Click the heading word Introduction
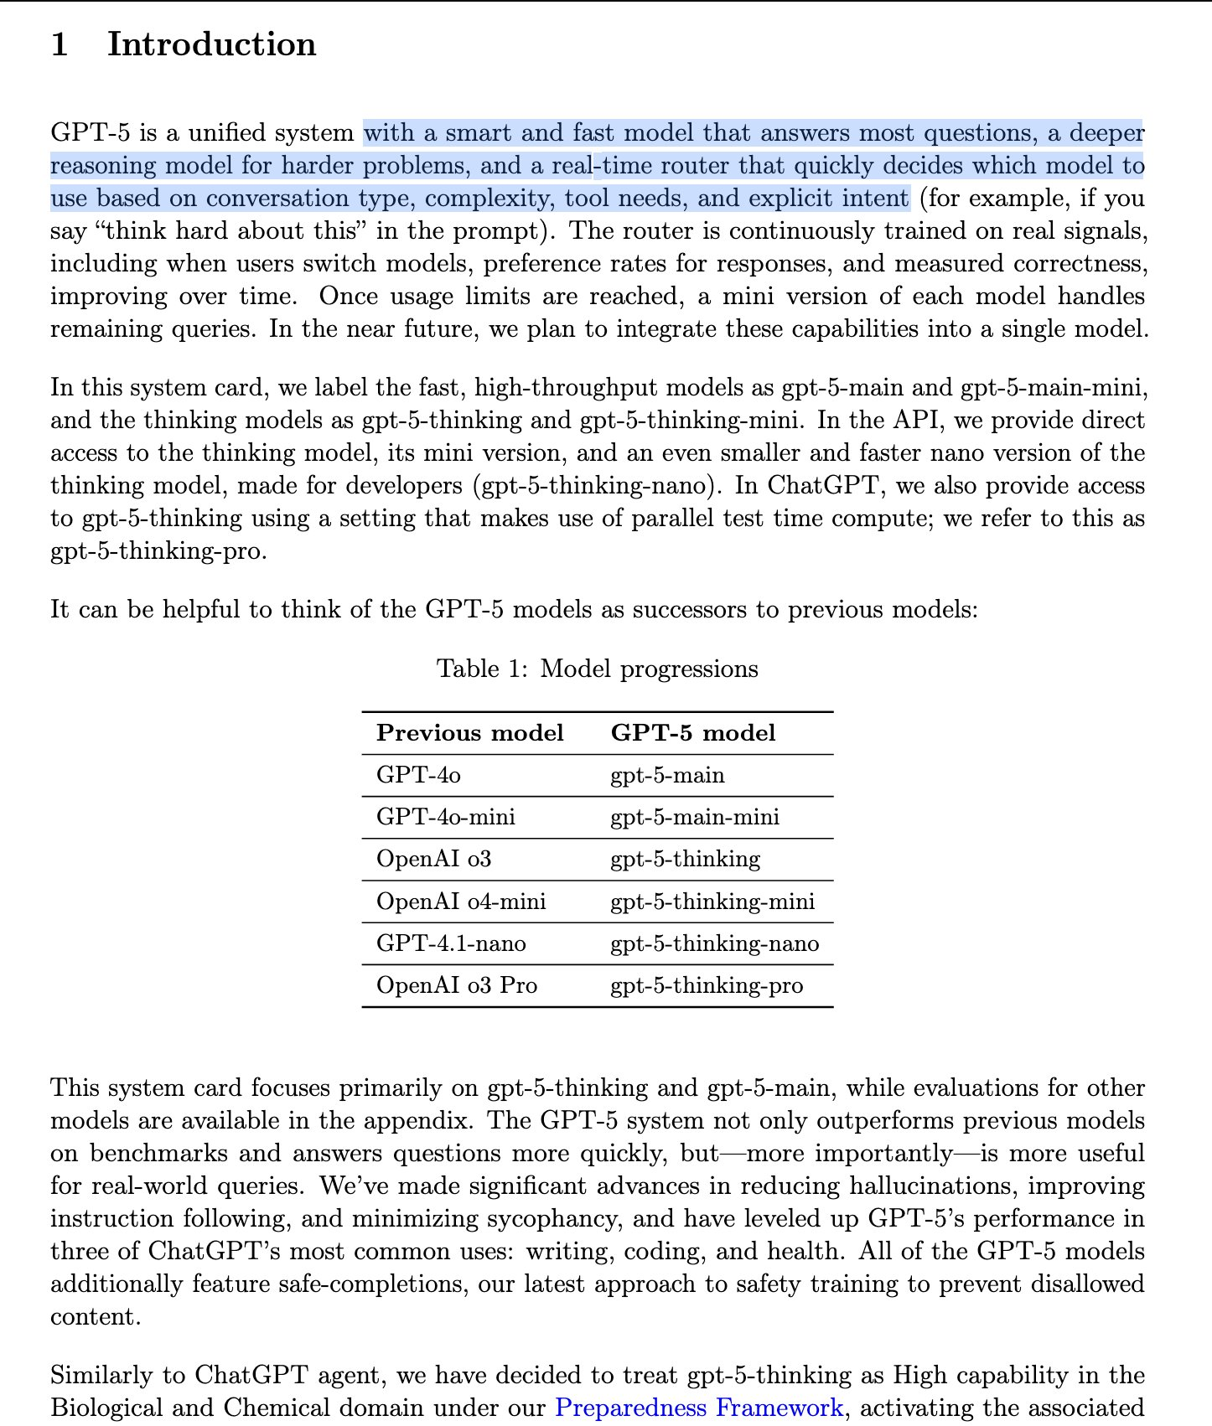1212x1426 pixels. click(211, 44)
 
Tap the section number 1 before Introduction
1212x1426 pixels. click(60, 44)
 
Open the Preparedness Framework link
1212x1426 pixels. click(699, 1408)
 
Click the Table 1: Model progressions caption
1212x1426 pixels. click(597, 669)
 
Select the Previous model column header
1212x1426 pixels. click(469, 733)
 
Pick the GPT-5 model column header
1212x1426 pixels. click(692, 733)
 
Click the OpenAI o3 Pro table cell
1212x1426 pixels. click(456, 985)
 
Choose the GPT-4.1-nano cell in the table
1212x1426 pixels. click(451, 943)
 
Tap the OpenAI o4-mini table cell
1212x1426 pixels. click(460, 902)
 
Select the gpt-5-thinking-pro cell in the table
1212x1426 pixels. click(706, 985)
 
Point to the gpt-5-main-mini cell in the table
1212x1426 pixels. click(694, 817)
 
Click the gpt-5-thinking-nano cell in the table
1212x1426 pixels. click(714, 943)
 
